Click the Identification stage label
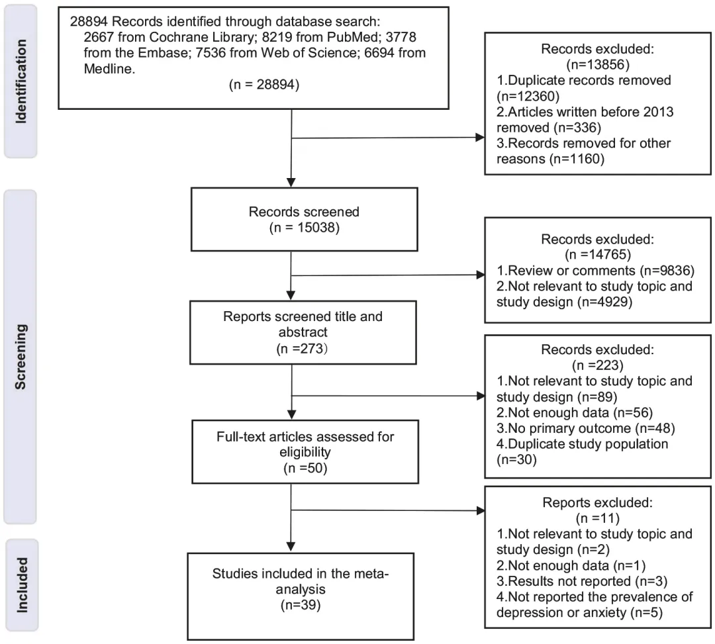pos(21,81)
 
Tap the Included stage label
pos(22,584)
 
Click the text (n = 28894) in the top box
pos(264,85)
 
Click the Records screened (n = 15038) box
pos(304,219)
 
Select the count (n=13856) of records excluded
pos(597,65)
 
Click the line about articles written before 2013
pos(585,119)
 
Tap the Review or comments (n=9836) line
pos(595,271)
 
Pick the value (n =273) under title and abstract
pos(302,349)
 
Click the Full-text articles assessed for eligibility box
pos(305,451)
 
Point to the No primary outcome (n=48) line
pos(585,428)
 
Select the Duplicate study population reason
pos(583,451)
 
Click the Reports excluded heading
pos(597,503)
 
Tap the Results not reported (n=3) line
pos(582,582)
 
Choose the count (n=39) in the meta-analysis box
pos(301,605)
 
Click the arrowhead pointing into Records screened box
pos(291,183)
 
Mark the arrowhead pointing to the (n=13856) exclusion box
pos(480,137)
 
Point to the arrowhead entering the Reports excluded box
pos(480,510)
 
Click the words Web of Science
pos(309,53)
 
